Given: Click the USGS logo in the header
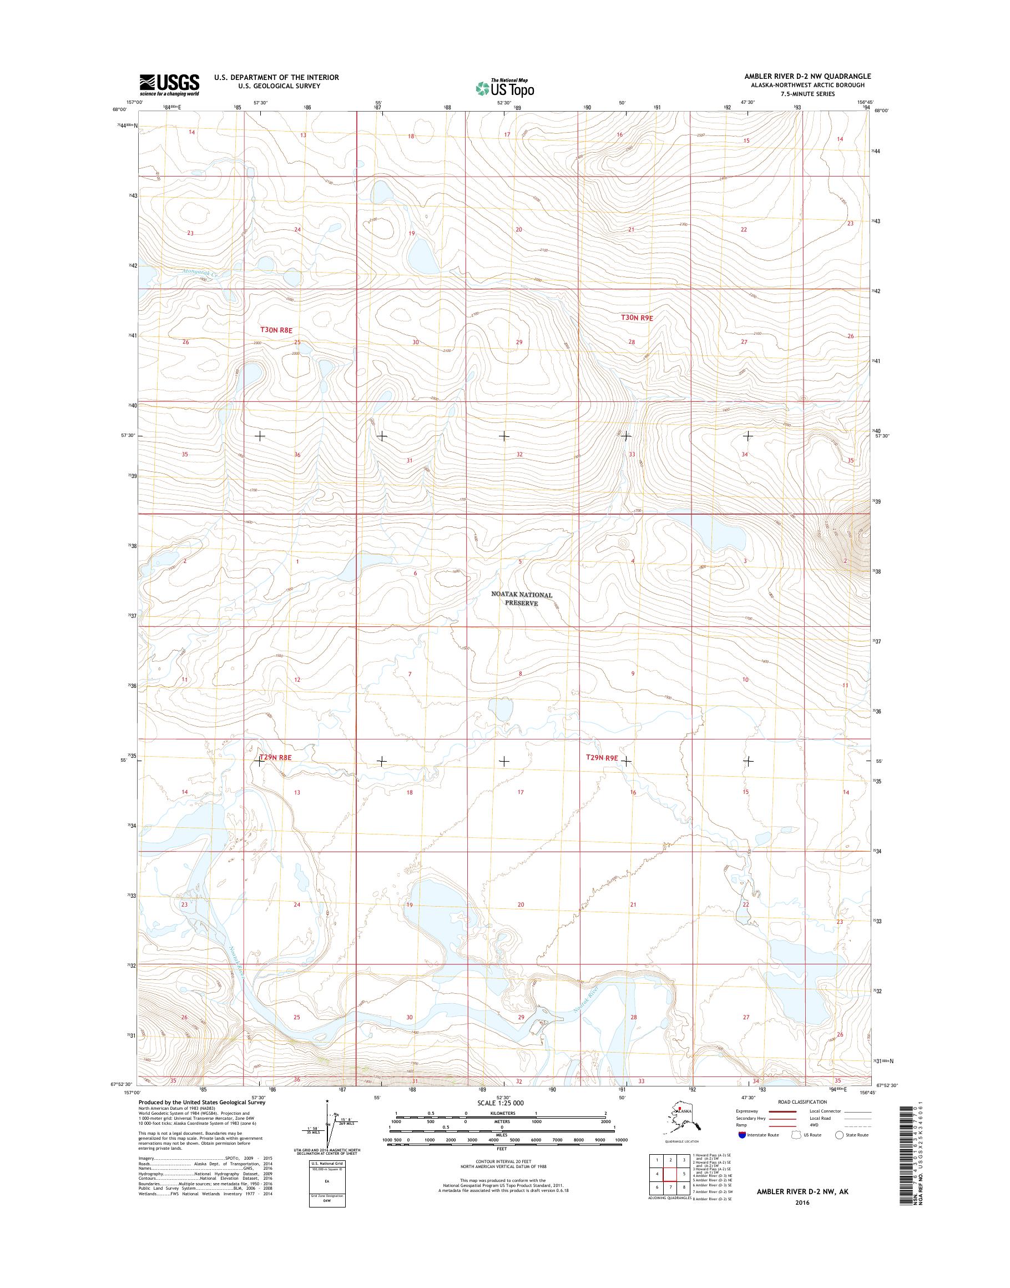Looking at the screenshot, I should pyautogui.click(x=169, y=84).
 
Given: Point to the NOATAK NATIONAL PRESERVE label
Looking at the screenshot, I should pyautogui.click(x=522, y=598).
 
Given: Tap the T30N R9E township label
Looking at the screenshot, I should pyautogui.click(x=637, y=318).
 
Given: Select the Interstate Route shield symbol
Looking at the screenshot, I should pyautogui.click(x=742, y=1135).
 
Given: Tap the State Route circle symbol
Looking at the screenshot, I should pyautogui.click(x=838, y=1135).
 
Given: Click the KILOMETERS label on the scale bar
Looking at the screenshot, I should pyautogui.click(x=501, y=1113).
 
